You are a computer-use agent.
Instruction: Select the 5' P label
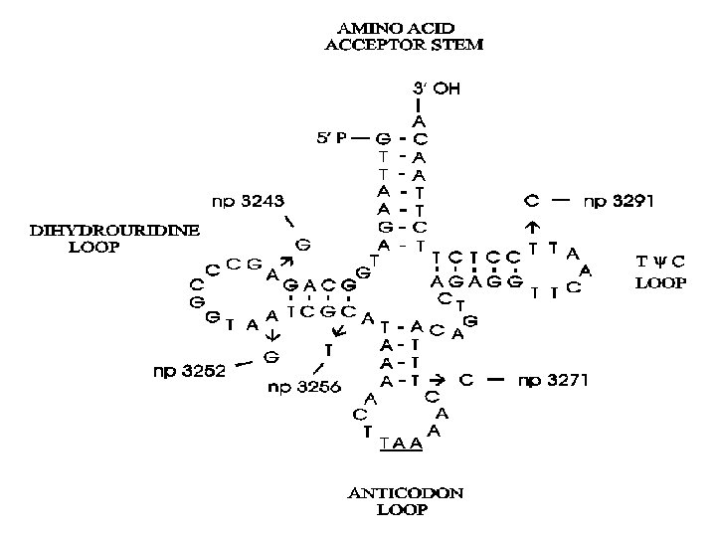click(x=333, y=139)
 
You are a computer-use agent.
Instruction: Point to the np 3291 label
click(x=618, y=201)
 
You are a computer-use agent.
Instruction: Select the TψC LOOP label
click(x=660, y=271)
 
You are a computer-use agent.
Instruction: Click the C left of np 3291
click(x=532, y=201)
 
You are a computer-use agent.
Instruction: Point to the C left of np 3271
click(x=465, y=380)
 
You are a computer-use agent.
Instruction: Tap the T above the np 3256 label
click(x=328, y=348)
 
